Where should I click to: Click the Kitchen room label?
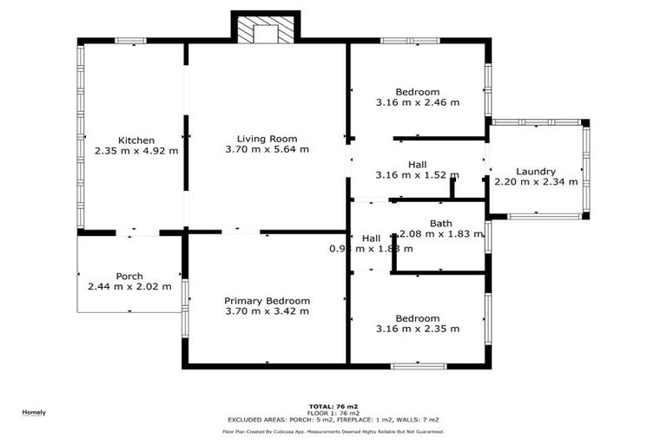136,140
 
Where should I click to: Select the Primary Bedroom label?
267,301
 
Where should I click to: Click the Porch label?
129,277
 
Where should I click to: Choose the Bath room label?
440,224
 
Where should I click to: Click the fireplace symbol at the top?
266,30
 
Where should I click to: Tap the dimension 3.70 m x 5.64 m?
267,149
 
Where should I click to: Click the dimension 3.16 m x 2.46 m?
417,102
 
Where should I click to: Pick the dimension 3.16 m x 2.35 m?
417,329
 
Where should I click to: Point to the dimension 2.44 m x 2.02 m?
129,287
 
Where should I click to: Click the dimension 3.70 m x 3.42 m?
267,311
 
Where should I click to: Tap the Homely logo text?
34,412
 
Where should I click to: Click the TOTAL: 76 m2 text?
333,406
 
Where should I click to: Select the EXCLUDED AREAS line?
333,420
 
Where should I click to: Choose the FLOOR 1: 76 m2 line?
333,413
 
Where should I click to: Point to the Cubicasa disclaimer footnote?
333,431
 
